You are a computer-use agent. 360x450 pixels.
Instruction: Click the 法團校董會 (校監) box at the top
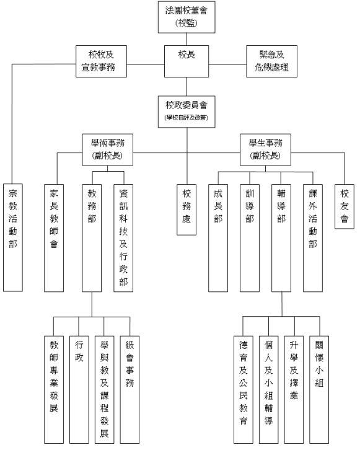[x=187, y=18]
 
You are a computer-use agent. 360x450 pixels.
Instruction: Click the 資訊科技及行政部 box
[x=124, y=236]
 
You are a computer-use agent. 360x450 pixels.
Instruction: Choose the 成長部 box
[x=218, y=236]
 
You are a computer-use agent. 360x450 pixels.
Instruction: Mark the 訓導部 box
[x=250, y=236]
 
